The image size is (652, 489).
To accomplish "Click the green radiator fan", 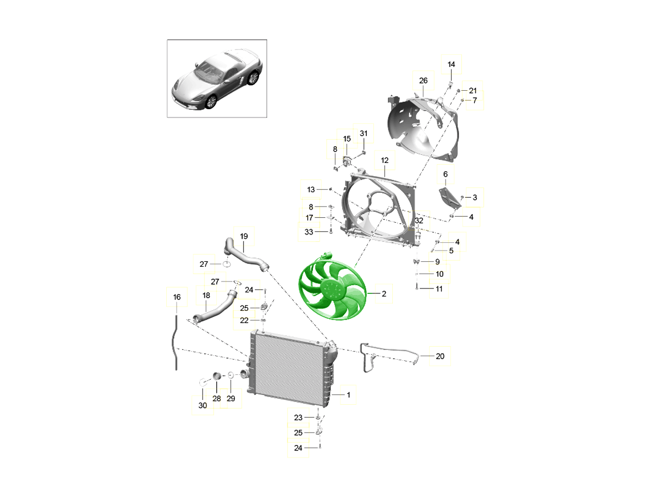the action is (x=333, y=287).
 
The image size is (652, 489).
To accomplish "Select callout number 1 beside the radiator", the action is (x=348, y=394).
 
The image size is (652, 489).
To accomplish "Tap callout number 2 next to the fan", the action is (x=384, y=293).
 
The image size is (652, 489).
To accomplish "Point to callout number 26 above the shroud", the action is (x=423, y=80).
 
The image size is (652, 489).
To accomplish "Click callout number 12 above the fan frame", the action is (x=385, y=160).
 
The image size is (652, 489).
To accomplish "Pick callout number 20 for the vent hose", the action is (x=440, y=356).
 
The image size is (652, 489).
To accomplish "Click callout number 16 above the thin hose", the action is (x=177, y=297).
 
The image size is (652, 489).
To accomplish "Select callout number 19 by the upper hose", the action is (x=244, y=236).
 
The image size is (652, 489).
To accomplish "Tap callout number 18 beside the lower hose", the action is (x=206, y=295).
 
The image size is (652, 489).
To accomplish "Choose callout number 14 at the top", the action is (x=451, y=64).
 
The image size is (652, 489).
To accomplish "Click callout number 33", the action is (x=309, y=231).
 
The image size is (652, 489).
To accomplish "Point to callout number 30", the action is (x=203, y=405).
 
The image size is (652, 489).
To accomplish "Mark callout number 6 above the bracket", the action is (x=445, y=174).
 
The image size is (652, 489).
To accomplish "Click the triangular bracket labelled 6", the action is (x=450, y=198).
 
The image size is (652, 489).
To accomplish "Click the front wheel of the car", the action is (x=211, y=101).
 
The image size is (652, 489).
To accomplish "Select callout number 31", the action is (x=363, y=133).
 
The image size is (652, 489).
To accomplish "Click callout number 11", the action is (x=439, y=289).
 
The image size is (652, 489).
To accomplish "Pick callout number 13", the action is (x=311, y=190).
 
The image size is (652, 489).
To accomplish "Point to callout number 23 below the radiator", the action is (x=298, y=417).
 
